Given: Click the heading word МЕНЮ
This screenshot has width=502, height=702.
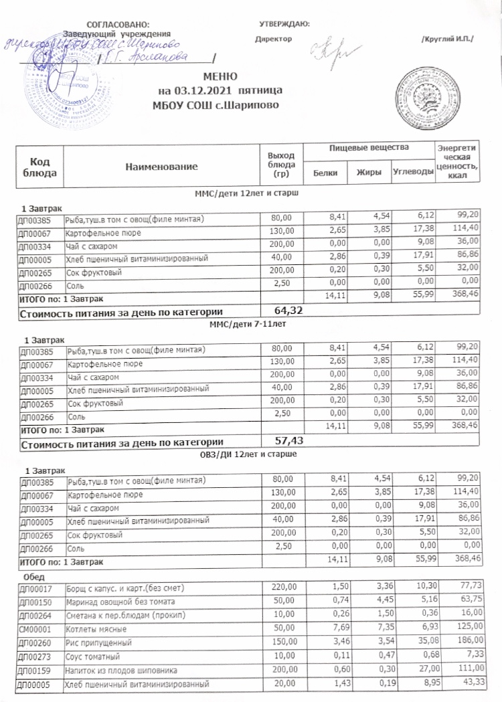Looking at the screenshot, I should [x=222, y=77].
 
